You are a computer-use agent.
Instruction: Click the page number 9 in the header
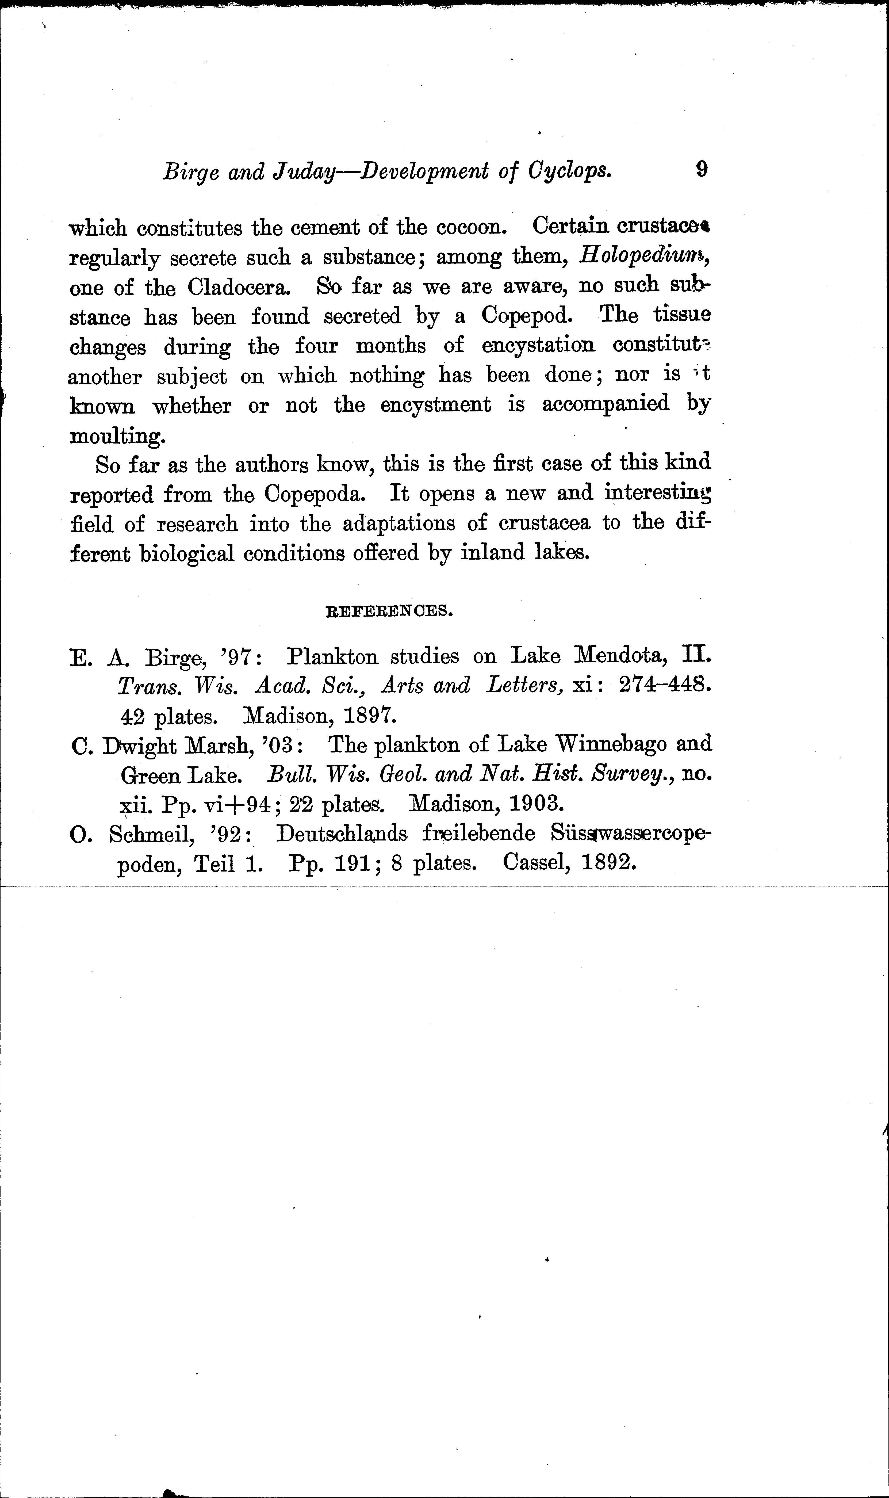tap(702, 170)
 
